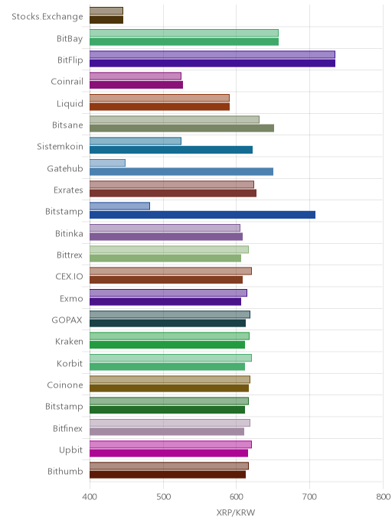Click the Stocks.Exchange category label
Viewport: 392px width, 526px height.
pyautogui.click(x=47, y=17)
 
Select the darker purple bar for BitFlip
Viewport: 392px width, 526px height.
pyautogui.click(x=212, y=63)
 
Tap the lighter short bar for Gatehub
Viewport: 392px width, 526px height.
pyautogui.click(x=107, y=163)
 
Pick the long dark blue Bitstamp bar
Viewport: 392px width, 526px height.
pyautogui.click(x=203, y=215)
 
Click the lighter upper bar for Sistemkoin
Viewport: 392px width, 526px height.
pyautogui.click(x=136, y=141)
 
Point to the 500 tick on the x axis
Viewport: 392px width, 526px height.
pyautogui.click(x=164, y=496)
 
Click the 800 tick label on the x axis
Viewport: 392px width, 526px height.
pyautogui.click(x=384, y=496)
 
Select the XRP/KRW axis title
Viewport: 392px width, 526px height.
pyautogui.click(x=236, y=512)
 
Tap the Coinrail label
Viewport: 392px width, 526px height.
pyautogui.click(x=67, y=82)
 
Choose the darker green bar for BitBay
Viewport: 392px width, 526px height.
pyautogui.click(x=184, y=41)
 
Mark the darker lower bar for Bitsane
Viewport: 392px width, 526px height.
pyautogui.click(x=181, y=128)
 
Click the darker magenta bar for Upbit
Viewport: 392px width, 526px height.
pyautogui.click(x=168, y=453)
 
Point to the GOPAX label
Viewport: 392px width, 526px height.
pyautogui.click(x=67, y=320)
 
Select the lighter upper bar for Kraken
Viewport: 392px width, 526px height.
pyautogui.click(x=170, y=336)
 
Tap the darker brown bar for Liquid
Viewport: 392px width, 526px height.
pyautogui.click(x=159, y=107)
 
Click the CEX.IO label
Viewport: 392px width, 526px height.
pyautogui.click(x=69, y=277)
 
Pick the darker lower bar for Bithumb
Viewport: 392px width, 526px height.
pyautogui.click(x=168, y=475)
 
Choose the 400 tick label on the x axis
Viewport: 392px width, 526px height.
pyautogui.click(x=90, y=496)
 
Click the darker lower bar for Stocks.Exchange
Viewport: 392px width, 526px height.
pyautogui.click(x=106, y=20)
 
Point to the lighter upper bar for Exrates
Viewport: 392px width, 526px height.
pyautogui.click(x=172, y=184)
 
